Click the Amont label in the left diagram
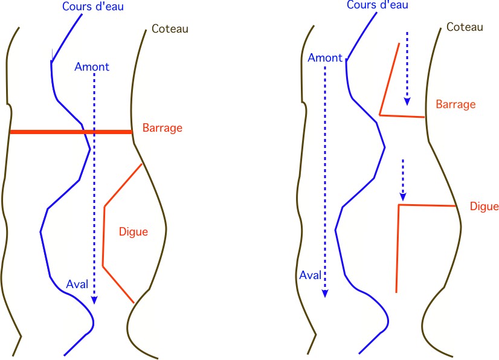92,67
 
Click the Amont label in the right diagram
325,58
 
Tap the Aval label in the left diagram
77,284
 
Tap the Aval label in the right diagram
311,275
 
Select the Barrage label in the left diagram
163,128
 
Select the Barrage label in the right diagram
456,104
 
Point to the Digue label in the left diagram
134,232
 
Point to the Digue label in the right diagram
484,207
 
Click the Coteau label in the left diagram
170,29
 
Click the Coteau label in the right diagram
465,27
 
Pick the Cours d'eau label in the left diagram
93,7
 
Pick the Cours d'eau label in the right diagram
378,5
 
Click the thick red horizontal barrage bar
71,132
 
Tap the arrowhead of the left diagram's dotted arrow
94,300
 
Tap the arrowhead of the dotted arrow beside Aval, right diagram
325,293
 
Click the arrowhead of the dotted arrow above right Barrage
407,101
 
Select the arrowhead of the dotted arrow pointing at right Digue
403,197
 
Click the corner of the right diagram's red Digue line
399,205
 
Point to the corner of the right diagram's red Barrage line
379,115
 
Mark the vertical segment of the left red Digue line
104,236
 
